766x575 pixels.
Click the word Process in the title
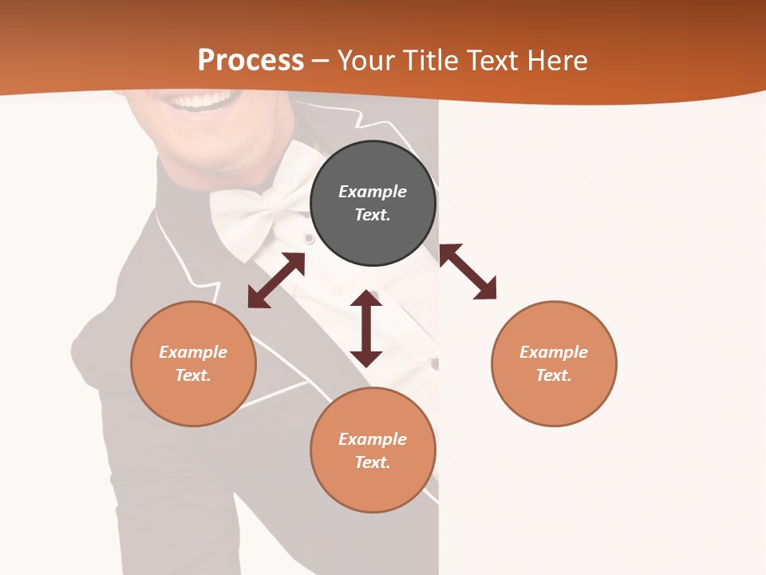pos(251,61)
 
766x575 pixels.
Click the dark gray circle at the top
pos(373,203)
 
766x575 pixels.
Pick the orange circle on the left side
pos(193,363)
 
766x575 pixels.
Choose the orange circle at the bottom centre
pos(373,450)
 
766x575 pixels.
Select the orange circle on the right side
pos(554,363)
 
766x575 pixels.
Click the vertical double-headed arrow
pos(366,328)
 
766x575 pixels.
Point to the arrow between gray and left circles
pos(276,280)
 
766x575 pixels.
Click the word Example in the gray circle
pos(373,192)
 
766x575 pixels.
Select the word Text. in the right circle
pos(554,375)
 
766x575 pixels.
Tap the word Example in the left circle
pos(193,352)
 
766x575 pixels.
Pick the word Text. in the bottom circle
pos(373,462)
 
